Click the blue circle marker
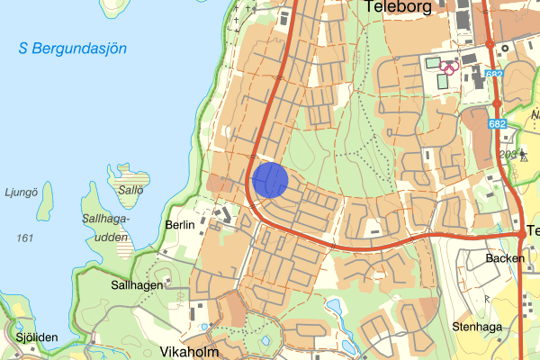(x=270, y=179)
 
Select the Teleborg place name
(x=400, y=7)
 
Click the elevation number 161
(x=24, y=238)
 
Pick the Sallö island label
(x=130, y=191)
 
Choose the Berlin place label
(x=181, y=224)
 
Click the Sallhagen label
(x=137, y=283)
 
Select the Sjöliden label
(x=36, y=337)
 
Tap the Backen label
(x=504, y=257)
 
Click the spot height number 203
(x=508, y=154)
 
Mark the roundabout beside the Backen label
(x=522, y=234)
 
